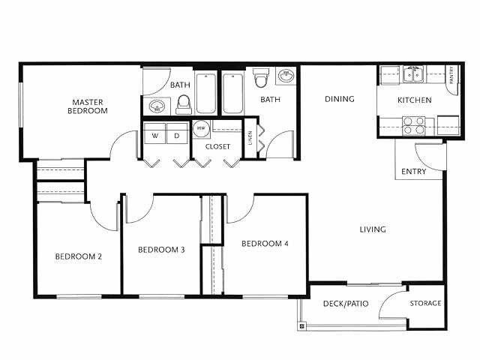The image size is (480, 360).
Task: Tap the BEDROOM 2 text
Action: [78, 256]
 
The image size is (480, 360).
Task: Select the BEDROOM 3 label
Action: [161, 250]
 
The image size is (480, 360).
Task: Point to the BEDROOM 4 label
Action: [265, 244]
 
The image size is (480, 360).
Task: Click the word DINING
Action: [339, 99]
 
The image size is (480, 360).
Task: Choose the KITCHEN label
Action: [414, 100]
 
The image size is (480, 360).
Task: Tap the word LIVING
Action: [372, 229]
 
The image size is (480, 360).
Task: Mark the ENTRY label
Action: [413, 172]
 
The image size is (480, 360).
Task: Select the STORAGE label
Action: [425, 304]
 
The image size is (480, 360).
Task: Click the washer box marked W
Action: [155, 136]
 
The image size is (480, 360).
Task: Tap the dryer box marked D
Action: [177, 136]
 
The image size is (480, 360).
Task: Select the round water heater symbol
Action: [200, 129]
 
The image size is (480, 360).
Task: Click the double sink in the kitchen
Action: [412, 74]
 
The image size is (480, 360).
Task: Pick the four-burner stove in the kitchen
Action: [414, 124]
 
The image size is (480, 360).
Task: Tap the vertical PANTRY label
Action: [451, 76]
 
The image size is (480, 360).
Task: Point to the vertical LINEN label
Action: [250, 139]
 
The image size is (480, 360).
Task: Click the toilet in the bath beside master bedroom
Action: [183, 105]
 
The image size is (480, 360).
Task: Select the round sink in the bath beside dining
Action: [286, 76]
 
